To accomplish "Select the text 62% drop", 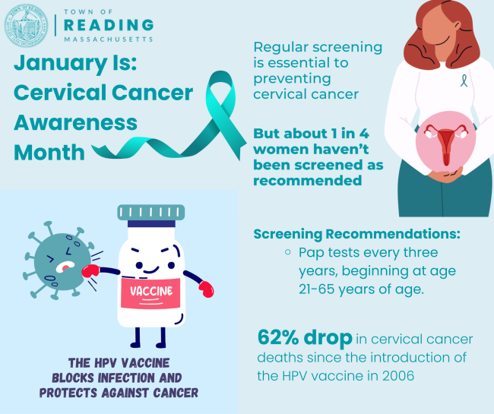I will pos(305,337).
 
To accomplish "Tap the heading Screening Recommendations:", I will pos(356,234).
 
